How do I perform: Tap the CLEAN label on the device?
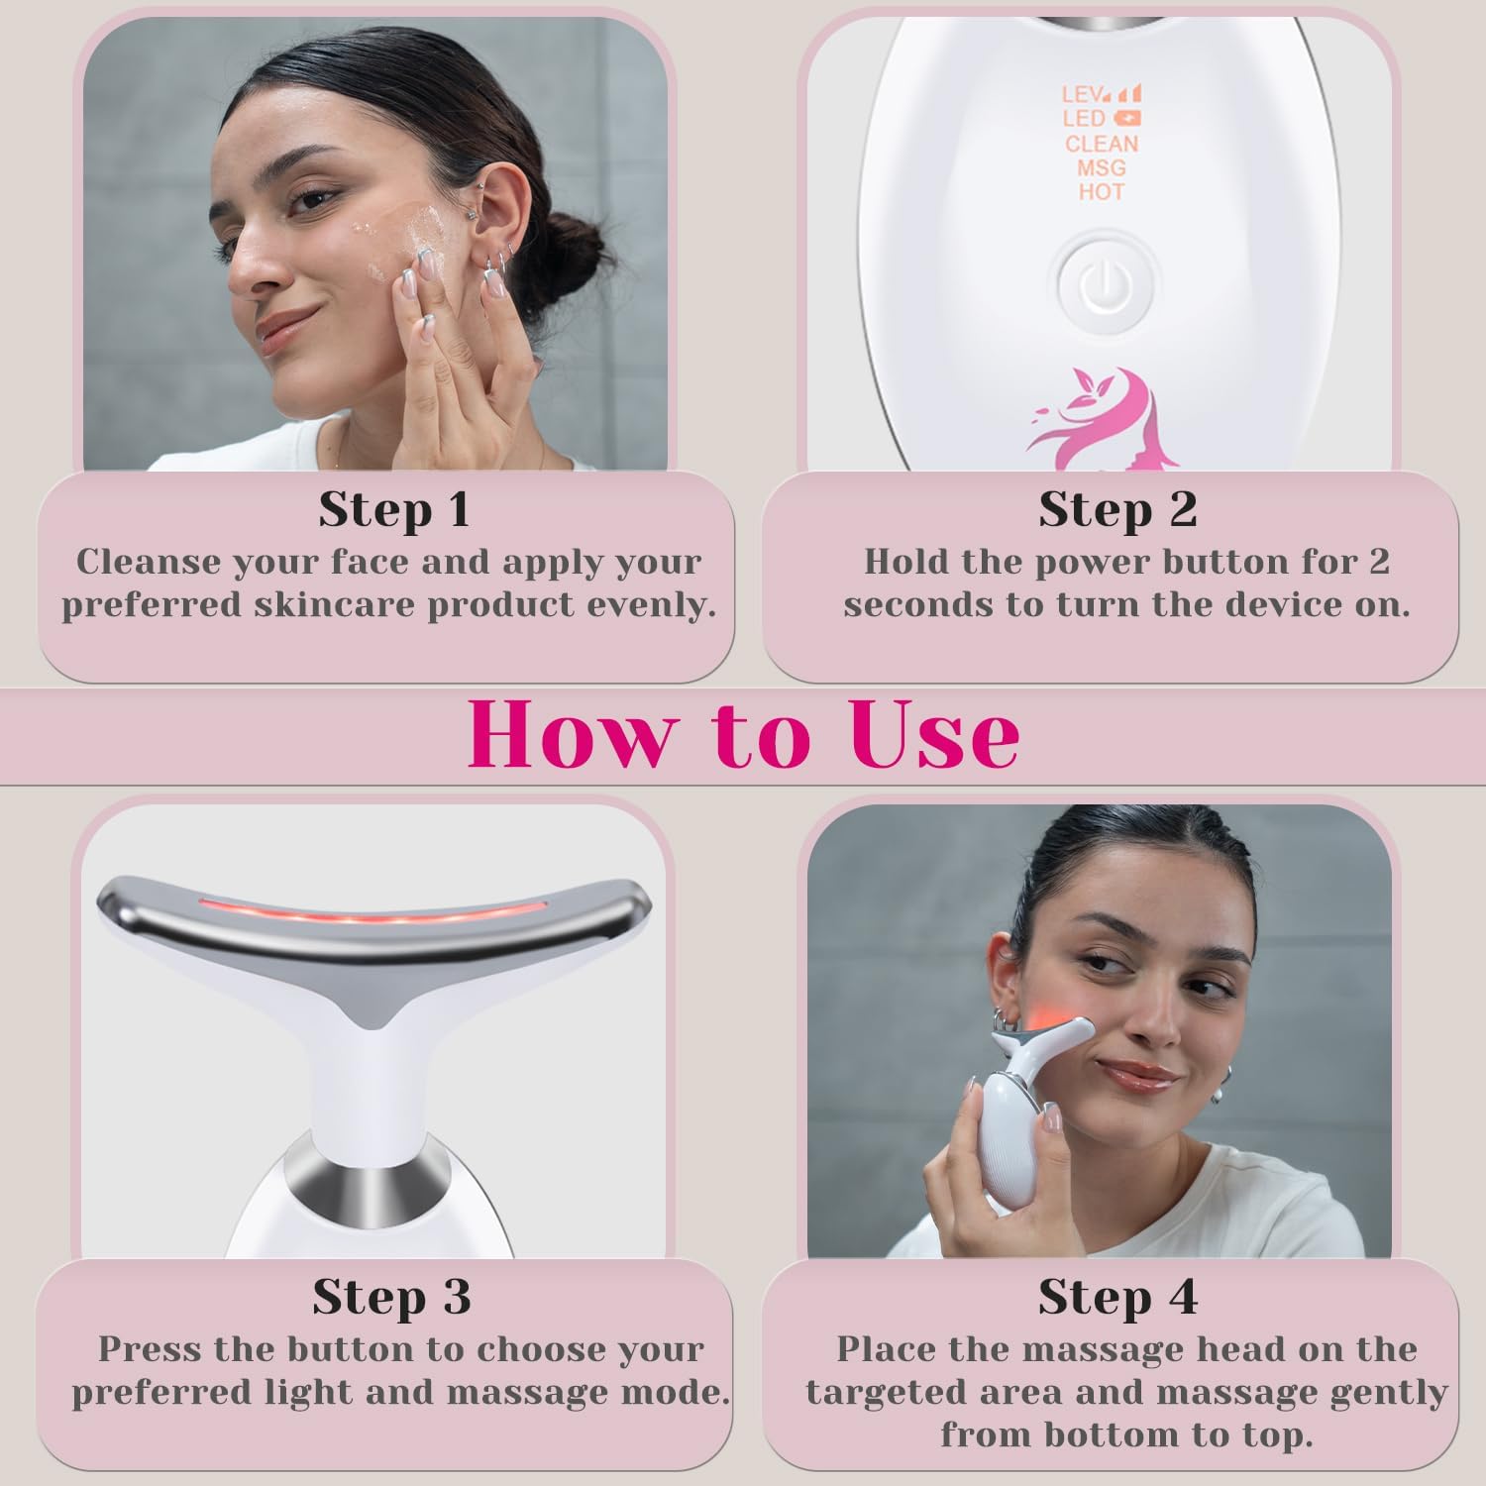(1102, 144)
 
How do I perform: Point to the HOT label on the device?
(1102, 191)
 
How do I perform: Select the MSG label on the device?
(1102, 167)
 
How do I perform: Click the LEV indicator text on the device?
(1083, 95)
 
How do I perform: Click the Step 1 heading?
(393, 510)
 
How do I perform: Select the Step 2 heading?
(1117, 510)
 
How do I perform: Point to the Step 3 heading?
(391, 1297)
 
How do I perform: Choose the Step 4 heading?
(1117, 1297)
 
